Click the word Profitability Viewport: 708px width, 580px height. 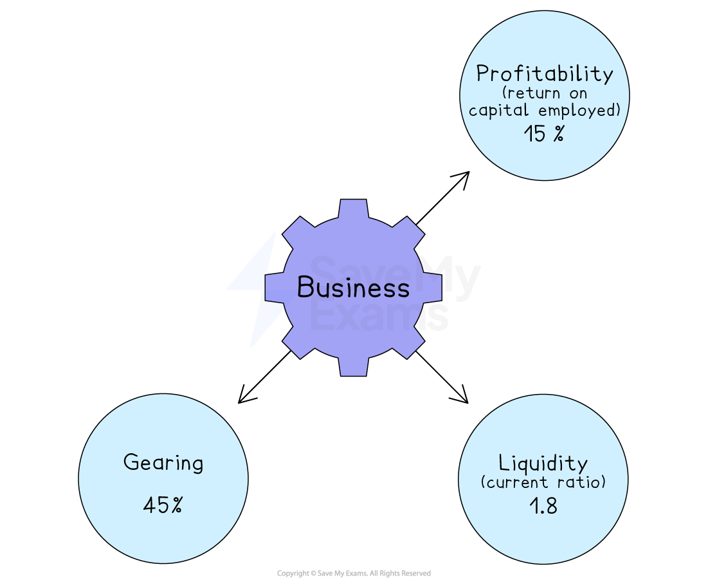pos(544,73)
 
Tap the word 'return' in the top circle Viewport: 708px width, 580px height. pos(525,93)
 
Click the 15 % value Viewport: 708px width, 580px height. pos(543,134)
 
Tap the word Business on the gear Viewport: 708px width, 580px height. pos(353,287)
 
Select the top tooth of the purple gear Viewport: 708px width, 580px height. pos(353,210)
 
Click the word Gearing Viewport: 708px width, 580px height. pos(163,463)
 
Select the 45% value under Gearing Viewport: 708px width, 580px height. pos(163,505)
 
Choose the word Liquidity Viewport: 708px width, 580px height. pos(543,463)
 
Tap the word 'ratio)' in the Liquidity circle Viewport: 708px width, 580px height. pos(582,482)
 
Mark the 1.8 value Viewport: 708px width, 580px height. pos(543,506)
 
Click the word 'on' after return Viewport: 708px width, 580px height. pos(577,93)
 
